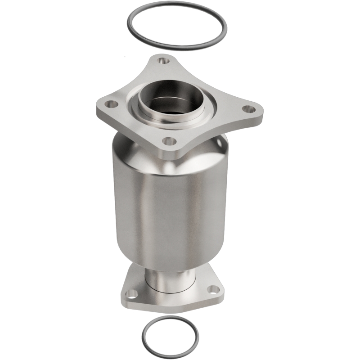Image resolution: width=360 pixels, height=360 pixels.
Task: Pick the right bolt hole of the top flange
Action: [x=245, y=108]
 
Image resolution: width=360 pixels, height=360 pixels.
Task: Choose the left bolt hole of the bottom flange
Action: [x=132, y=293]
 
